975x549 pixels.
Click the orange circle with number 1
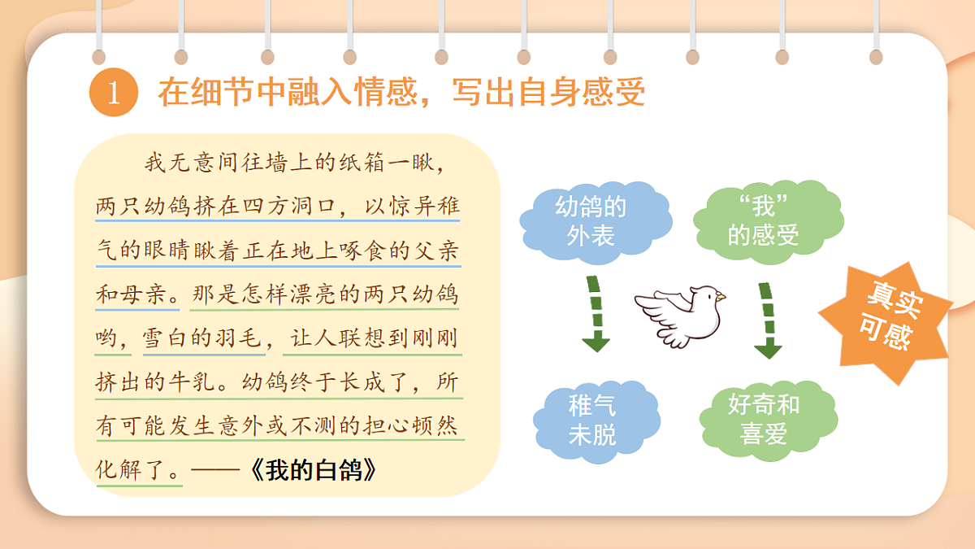click(x=113, y=93)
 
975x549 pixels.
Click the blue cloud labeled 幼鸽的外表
click(x=591, y=220)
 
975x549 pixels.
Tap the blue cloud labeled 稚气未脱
click(x=592, y=420)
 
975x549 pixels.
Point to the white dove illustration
click(x=681, y=315)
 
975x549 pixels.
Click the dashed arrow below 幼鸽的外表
click(x=596, y=314)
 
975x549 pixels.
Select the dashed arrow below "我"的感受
click(x=766, y=319)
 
